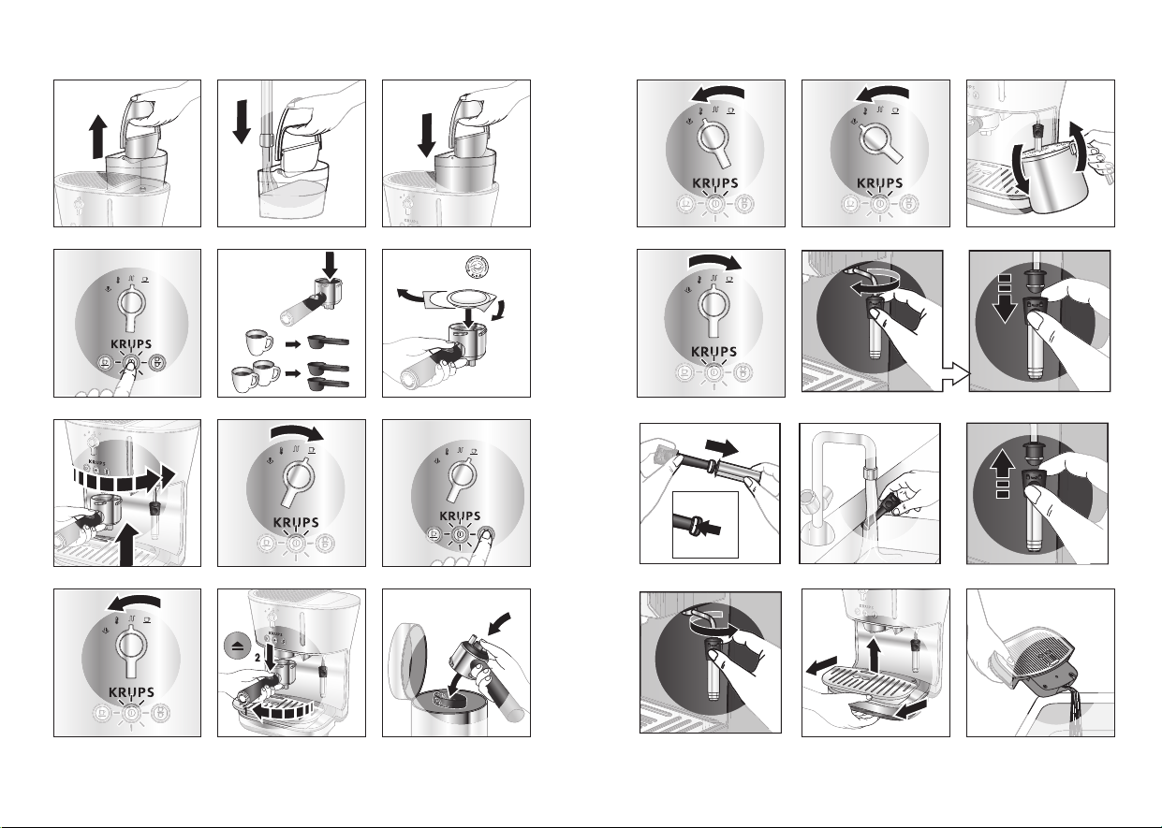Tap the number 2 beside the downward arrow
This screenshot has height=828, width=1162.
coord(257,658)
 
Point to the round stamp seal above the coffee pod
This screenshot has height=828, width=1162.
coord(478,269)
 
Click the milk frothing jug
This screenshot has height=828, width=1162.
coord(1057,176)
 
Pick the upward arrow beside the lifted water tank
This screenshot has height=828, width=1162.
coord(97,137)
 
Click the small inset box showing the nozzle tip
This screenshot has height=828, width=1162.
coord(705,525)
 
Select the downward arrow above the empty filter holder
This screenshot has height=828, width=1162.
coord(330,265)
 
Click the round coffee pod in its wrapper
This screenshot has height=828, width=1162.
coord(469,299)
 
